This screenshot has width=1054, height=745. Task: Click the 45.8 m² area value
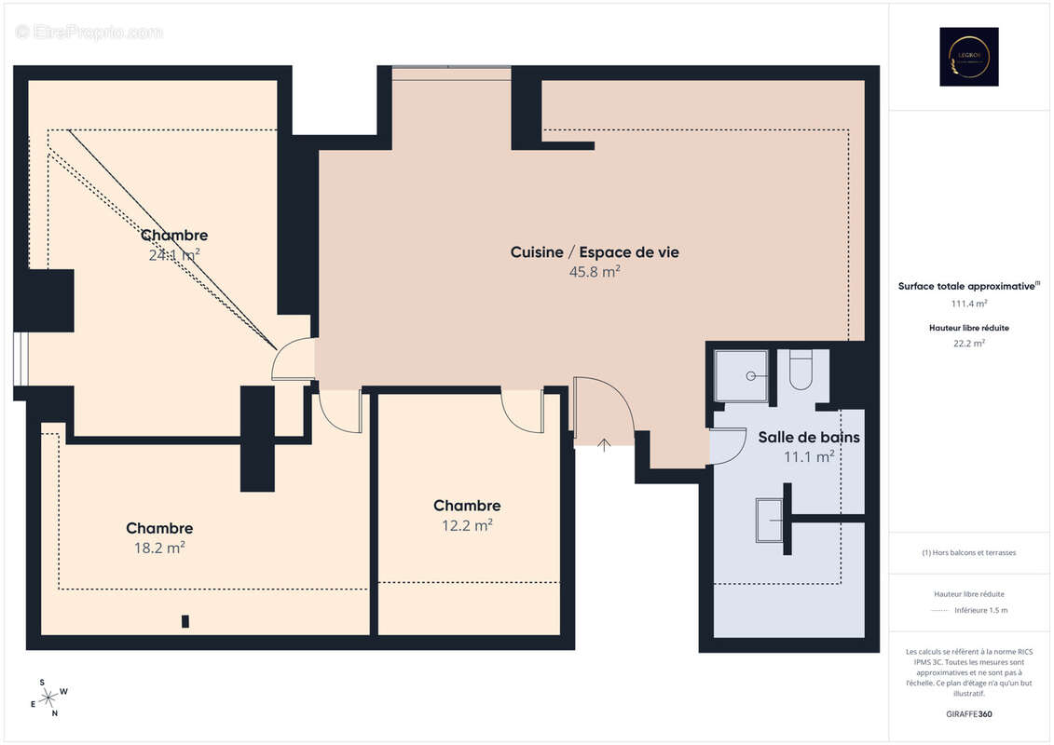click(x=595, y=272)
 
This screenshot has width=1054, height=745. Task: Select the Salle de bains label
click(x=809, y=437)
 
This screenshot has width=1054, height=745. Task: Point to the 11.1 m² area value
click(x=809, y=456)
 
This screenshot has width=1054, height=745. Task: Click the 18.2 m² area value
click(x=159, y=548)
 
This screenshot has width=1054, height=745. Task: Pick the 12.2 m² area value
click(x=467, y=525)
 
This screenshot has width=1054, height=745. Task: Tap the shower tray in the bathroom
click(x=742, y=375)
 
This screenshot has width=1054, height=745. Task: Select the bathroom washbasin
click(x=770, y=519)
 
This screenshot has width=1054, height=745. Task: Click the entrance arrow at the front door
click(x=604, y=444)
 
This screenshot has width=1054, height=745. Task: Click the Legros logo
click(x=968, y=57)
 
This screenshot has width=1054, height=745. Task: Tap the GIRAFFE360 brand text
click(x=969, y=712)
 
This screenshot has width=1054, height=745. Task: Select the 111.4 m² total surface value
click(x=969, y=304)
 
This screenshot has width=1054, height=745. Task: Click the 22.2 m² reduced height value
click(x=969, y=343)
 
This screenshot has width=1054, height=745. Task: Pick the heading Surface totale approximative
click(x=967, y=287)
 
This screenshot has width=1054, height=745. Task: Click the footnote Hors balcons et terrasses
click(x=969, y=552)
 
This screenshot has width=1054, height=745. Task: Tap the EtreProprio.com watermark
click(x=89, y=33)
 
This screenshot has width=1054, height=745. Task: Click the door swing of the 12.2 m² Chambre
click(x=521, y=412)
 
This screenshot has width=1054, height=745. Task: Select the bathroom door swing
click(x=727, y=445)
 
